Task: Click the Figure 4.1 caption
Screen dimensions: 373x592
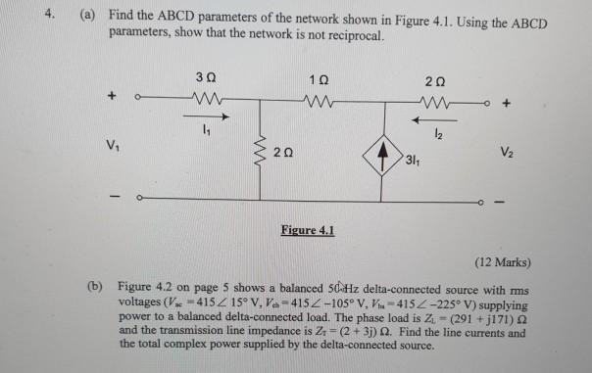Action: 306,231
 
